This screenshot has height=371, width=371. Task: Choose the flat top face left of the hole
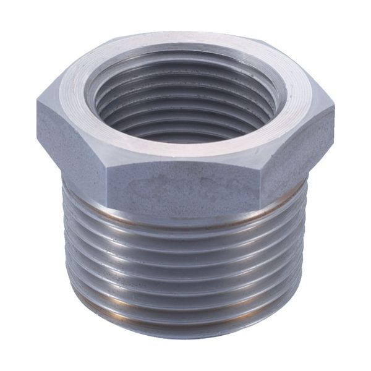tap(74, 99)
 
